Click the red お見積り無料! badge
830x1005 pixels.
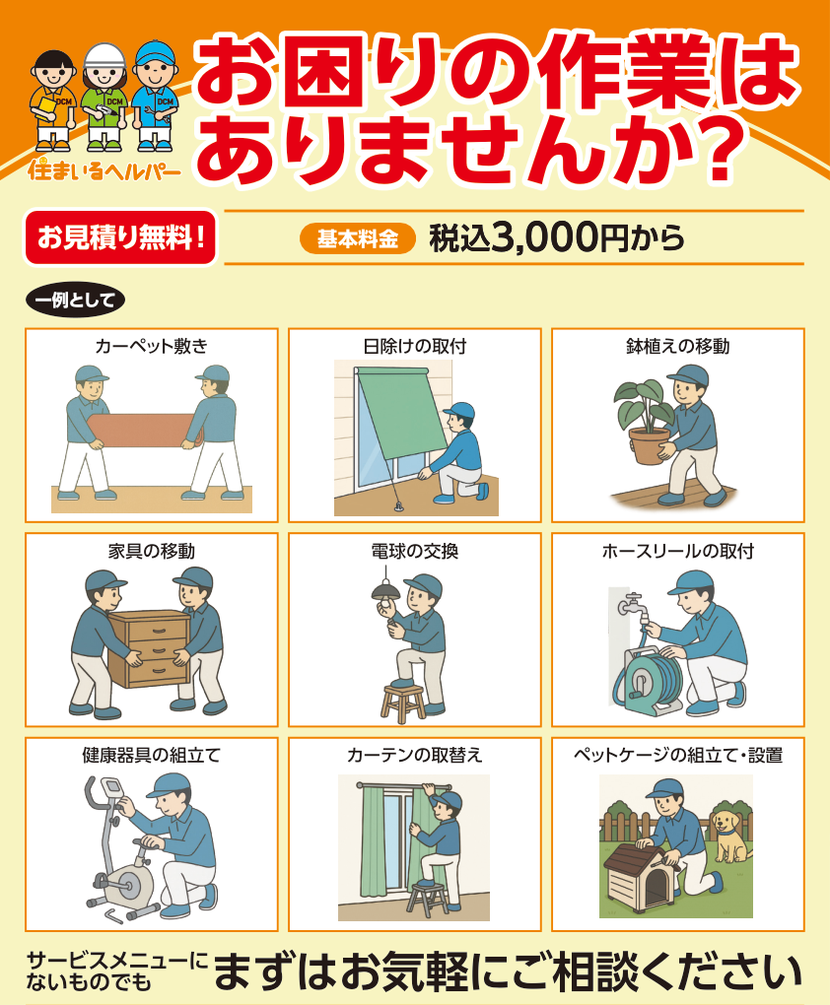(120, 237)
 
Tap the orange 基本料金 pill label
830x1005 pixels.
(357, 239)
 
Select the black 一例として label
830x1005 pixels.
(75, 300)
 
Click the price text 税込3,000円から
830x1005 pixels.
(556, 237)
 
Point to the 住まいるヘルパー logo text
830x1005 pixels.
(104, 169)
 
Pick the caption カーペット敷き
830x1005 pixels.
(152, 346)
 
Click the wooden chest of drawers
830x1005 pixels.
(150, 648)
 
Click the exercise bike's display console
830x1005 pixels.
(113, 787)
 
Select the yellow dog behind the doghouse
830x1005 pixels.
(731, 836)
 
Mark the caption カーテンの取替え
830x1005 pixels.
(414, 755)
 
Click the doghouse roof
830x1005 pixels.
(642, 857)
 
